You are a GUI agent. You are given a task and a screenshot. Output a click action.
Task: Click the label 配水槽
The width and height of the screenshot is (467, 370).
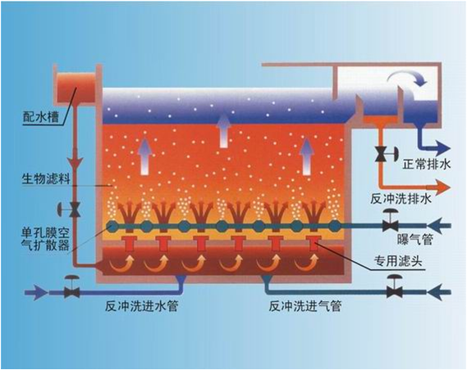pyautogui.click(x=40, y=117)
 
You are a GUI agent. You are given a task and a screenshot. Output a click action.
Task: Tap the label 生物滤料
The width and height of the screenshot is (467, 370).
pyautogui.click(x=46, y=179)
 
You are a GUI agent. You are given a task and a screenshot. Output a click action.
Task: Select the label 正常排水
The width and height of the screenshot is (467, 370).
pyautogui.click(x=427, y=164)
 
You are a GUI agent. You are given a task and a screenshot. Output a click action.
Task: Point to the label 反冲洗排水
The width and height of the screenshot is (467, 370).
pyautogui.click(x=401, y=199)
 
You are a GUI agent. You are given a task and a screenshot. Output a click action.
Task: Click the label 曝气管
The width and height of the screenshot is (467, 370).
pyautogui.click(x=414, y=239)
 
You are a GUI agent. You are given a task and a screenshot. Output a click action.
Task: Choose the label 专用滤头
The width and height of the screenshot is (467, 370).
pyautogui.click(x=398, y=262)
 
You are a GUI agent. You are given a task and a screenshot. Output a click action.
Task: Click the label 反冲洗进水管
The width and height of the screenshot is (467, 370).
pyautogui.click(x=141, y=306)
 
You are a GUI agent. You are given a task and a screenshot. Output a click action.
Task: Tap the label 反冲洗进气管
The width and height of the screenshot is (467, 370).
pyautogui.click(x=305, y=306)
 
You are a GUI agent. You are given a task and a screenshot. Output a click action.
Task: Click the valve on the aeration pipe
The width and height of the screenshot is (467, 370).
pyautogui.click(x=390, y=222)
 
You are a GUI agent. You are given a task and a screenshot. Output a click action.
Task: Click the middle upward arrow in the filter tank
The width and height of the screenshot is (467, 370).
pyautogui.click(x=224, y=131)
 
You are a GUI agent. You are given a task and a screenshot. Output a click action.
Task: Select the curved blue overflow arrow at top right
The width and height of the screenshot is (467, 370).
pyautogui.click(x=407, y=77)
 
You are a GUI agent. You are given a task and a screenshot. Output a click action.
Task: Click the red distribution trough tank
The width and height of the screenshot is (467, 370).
pyautogui.click(x=76, y=87)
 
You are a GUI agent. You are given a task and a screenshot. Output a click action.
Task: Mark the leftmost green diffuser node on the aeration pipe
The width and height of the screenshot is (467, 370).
pyautogui.click(x=113, y=226)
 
